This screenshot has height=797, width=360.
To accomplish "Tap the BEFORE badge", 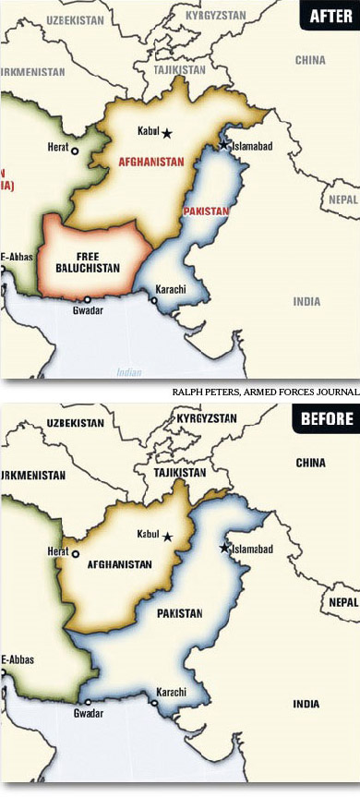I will [x=327, y=419].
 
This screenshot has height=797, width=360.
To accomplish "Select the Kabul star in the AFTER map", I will [x=167, y=133].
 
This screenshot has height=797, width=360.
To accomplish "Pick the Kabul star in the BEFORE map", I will [x=167, y=536].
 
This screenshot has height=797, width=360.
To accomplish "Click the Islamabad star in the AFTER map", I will [x=222, y=145].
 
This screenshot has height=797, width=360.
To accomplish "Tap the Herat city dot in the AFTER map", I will [x=76, y=151].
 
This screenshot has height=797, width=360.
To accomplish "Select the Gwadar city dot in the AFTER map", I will [x=88, y=300].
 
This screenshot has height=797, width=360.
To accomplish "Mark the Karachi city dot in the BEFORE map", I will [x=154, y=703].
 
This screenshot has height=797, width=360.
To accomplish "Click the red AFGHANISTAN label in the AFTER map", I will [x=151, y=161].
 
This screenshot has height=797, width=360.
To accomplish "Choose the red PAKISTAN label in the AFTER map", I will [x=206, y=211].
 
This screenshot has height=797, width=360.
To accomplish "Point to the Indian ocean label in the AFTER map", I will [x=128, y=372].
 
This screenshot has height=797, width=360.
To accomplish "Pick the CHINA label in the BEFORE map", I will [x=310, y=462].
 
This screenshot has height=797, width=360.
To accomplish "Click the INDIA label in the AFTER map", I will [x=306, y=301].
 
